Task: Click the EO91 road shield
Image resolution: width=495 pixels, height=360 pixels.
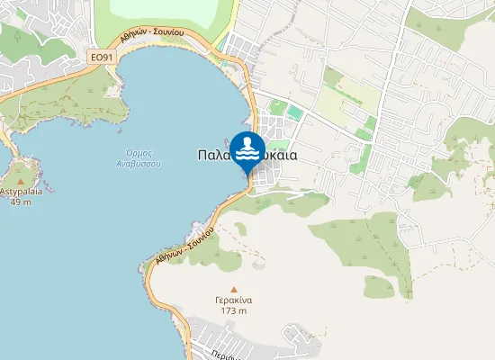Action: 103,56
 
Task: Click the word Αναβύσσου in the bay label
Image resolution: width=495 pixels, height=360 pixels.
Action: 138,165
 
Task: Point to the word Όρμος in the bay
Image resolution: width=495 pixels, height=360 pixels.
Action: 138,153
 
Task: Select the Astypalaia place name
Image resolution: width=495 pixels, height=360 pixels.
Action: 22,192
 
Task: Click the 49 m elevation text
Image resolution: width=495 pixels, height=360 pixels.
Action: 21,202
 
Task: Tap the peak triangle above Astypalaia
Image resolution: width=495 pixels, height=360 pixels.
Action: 21,181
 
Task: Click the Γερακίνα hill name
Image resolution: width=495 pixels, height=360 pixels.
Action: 233,300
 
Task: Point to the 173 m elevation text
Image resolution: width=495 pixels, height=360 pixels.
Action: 233,310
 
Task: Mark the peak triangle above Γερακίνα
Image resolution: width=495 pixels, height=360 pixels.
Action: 233,289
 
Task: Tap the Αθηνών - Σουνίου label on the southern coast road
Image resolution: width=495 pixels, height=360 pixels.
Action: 184,244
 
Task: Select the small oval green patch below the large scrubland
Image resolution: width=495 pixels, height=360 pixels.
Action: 380,288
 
